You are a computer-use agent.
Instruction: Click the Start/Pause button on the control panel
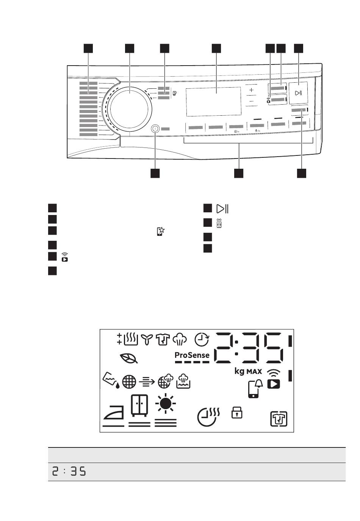pyautogui.click(x=298, y=93)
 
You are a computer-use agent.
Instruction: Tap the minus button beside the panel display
pyautogui.click(x=251, y=102)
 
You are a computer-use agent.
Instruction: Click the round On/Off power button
pyautogui.click(x=155, y=129)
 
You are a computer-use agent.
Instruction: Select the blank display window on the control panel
pyautogui.click(x=213, y=101)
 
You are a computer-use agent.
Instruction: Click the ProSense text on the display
pyautogui.click(x=192, y=355)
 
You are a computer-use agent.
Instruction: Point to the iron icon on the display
pyautogui.click(x=114, y=413)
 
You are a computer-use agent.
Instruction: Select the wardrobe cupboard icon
pyautogui.click(x=139, y=405)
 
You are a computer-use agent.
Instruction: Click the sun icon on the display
pyautogui.click(x=166, y=404)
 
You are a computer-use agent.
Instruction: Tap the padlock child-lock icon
pyautogui.click(x=237, y=412)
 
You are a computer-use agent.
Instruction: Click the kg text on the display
pyautogui.click(x=239, y=371)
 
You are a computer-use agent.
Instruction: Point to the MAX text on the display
pyautogui.click(x=254, y=372)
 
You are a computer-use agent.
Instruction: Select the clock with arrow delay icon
pyautogui.click(x=202, y=339)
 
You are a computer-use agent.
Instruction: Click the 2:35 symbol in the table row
pyautogui.click(x=69, y=472)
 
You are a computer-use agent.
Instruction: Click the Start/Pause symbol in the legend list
pyautogui.click(x=222, y=209)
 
